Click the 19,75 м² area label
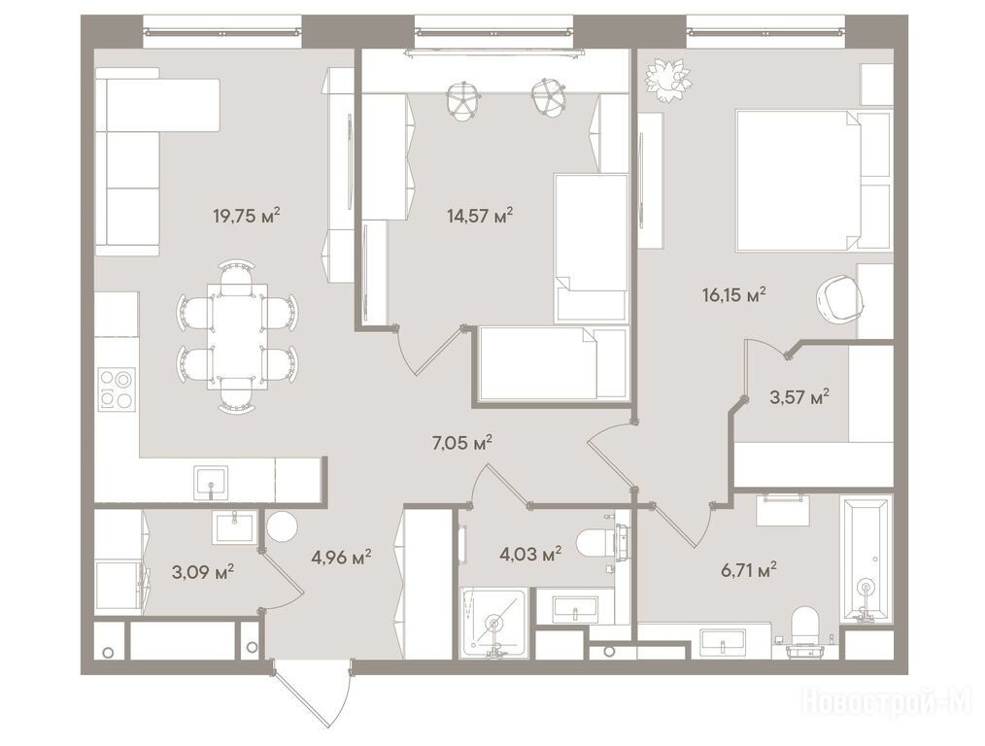click(247, 216)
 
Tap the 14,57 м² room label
click(480, 216)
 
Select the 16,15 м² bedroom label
click(734, 294)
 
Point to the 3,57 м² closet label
click(799, 397)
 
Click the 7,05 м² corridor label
click(461, 443)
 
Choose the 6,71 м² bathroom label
click(748, 570)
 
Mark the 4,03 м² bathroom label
click(530, 555)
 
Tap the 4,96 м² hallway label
click(341, 557)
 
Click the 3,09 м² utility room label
click(203, 572)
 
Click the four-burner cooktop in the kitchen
click(117, 390)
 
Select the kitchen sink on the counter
click(211, 482)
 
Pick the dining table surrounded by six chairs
click(237, 335)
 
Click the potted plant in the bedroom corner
click(669, 79)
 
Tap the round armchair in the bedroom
click(839, 300)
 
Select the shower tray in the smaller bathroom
click(493, 622)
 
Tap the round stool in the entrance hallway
click(282, 526)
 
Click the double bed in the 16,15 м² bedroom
click(813, 181)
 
